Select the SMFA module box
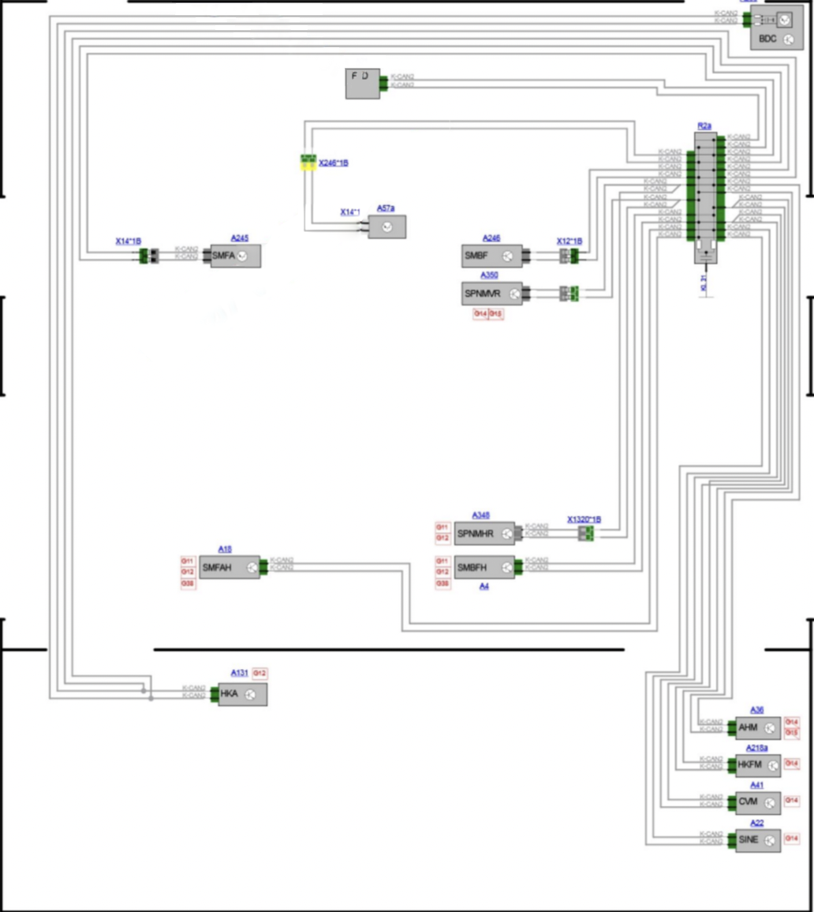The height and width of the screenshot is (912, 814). [x=234, y=256]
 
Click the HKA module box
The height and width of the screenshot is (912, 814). [x=242, y=694]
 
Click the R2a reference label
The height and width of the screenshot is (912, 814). [x=704, y=125]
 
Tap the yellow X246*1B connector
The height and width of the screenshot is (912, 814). [x=308, y=163]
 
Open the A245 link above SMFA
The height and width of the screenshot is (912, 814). [x=240, y=237]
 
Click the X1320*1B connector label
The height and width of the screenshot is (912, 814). [x=584, y=520]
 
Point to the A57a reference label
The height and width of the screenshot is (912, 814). [x=386, y=208]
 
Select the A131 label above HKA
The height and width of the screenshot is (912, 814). [x=240, y=673]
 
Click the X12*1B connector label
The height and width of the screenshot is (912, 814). [x=569, y=241]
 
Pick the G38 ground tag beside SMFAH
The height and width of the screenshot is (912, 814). [x=189, y=584]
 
